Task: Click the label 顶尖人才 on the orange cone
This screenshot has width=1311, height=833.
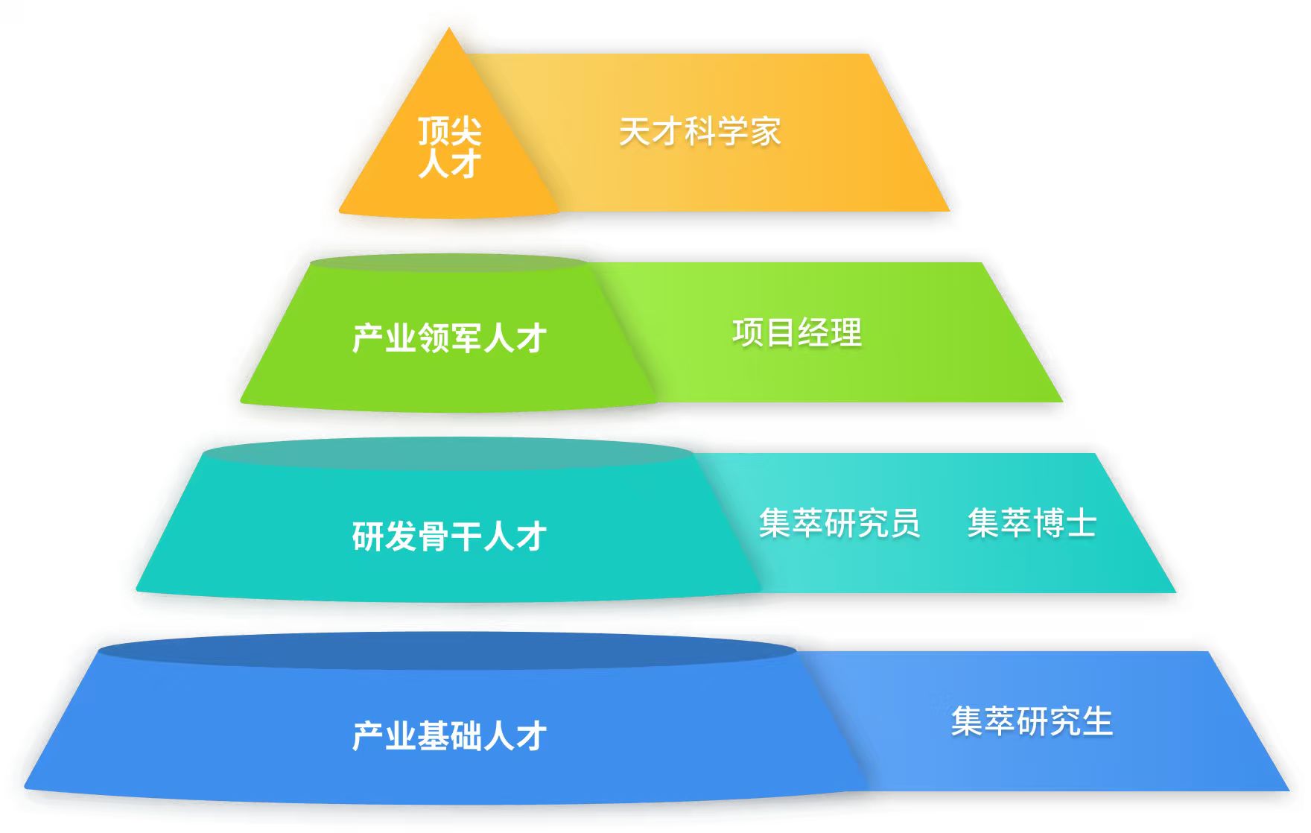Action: click(x=449, y=148)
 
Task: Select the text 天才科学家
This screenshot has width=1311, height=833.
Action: click(x=699, y=132)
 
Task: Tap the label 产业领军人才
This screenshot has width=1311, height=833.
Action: click(x=449, y=338)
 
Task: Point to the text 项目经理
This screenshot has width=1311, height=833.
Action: click(x=796, y=332)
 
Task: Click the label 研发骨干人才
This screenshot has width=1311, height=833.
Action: click(x=449, y=536)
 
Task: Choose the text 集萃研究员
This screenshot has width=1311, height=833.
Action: click(x=839, y=522)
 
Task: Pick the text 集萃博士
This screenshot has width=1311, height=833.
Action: click(x=1032, y=522)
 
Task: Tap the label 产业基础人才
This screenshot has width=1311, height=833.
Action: click(x=449, y=736)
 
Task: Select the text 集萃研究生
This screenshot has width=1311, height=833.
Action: click(x=1032, y=721)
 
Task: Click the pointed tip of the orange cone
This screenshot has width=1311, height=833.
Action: click(x=449, y=31)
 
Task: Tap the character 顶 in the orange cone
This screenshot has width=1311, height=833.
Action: click(x=433, y=131)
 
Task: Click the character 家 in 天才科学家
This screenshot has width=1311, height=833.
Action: click(x=765, y=132)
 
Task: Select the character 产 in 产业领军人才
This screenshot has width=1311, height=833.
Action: click(x=368, y=338)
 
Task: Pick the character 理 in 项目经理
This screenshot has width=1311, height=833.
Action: click(x=845, y=332)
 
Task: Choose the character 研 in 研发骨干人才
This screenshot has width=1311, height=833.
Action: click(x=368, y=536)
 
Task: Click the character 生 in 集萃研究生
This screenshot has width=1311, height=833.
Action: click(x=1097, y=721)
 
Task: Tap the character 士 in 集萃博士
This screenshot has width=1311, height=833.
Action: click(x=1081, y=522)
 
